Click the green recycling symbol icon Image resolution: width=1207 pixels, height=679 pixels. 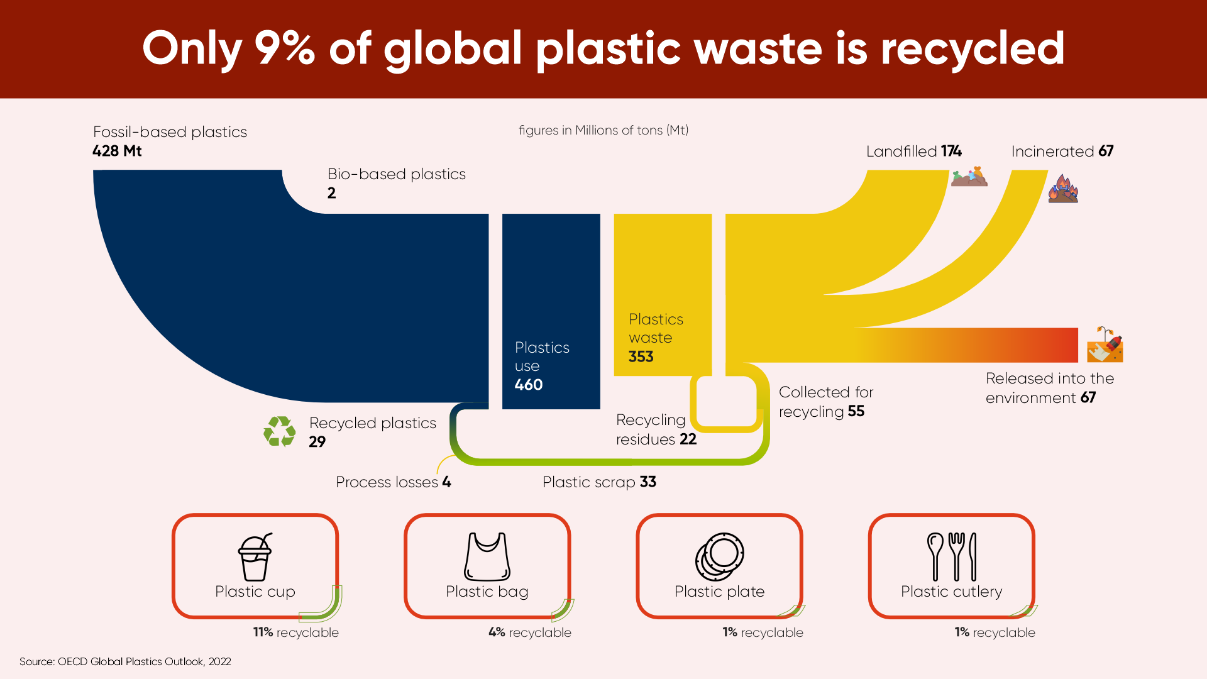tap(280, 431)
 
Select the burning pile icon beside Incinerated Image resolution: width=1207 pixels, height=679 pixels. tap(1063, 189)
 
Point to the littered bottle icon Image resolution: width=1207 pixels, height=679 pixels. tap(1105, 344)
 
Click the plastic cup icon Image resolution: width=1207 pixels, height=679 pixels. tap(255, 557)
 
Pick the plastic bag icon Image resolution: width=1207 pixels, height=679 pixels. tap(487, 557)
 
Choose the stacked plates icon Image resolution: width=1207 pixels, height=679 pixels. tap(720, 557)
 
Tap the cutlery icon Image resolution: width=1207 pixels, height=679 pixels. tap(952, 557)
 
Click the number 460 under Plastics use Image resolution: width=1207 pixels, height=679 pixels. tap(529, 385)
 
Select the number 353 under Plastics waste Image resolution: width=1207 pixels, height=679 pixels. tap(641, 356)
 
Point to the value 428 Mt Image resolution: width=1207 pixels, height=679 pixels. tap(117, 151)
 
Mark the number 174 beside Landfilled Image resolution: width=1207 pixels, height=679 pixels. tap(951, 151)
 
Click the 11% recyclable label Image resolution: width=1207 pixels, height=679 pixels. tap(296, 632)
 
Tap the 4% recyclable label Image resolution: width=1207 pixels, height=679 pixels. tap(530, 632)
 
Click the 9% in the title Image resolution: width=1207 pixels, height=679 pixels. tap(284, 48)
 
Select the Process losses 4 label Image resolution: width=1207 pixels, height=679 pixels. tap(394, 482)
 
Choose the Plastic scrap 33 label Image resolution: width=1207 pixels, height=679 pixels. tap(599, 482)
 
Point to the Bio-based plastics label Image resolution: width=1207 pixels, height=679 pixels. tap(397, 174)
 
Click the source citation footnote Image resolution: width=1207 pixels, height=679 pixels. tap(125, 661)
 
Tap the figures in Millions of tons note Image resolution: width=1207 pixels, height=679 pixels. tap(603, 130)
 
